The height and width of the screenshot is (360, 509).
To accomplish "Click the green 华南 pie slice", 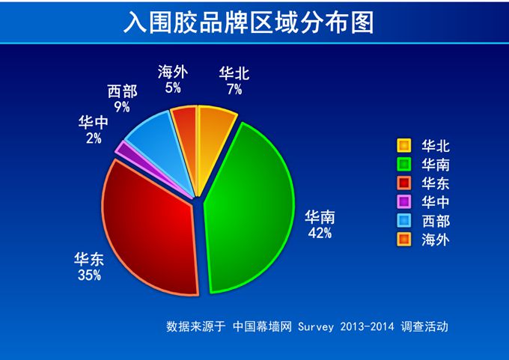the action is pyautogui.click(x=250, y=208).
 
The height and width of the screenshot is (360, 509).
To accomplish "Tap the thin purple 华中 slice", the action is pyautogui.click(x=153, y=169).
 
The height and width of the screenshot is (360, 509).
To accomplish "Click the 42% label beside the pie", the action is pyautogui.click(x=320, y=233).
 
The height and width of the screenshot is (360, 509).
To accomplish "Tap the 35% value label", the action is pyautogui.click(x=89, y=275).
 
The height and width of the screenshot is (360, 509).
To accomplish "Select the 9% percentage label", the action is pyautogui.click(x=122, y=106).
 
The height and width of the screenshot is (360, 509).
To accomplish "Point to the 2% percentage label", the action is pyautogui.click(x=94, y=138).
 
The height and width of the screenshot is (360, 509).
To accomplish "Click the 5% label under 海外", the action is pyautogui.click(x=173, y=88).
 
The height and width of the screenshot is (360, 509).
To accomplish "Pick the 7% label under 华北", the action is pyautogui.click(x=234, y=89).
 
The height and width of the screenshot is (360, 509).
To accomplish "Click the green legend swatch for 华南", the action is pyautogui.click(x=403, y=164).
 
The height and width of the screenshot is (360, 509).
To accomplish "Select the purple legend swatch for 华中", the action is pyautogui.click(x=403, y=202).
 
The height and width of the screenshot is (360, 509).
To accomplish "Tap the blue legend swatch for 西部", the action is pyautogui.click(x=403, y=221).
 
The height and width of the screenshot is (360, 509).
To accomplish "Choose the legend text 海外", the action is pyautogui.click(x=436, y=240).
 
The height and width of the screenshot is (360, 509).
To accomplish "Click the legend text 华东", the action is pyautogui.click(x=436, y=183).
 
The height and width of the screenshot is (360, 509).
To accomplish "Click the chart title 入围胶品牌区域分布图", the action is pyautogui.click(x=249, y=22).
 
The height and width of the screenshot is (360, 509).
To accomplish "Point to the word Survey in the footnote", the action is pyautogui.click(x=316, y=326).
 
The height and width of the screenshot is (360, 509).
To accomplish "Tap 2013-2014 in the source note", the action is pyautogui.click(x=367, y=326).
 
